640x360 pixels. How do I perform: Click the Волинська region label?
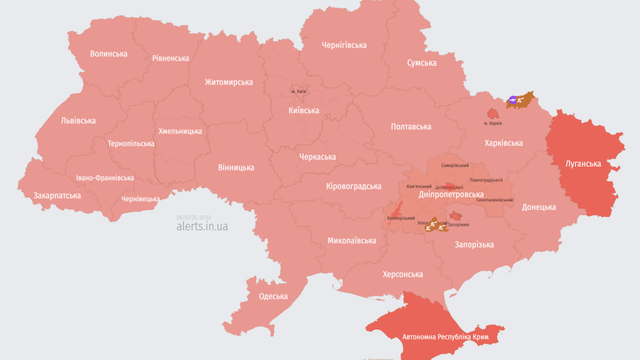click(108, 53)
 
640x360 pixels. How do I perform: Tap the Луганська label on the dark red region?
click(583, 163)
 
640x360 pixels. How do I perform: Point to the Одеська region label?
click(273, 296)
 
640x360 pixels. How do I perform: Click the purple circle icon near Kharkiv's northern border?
click(512, 100)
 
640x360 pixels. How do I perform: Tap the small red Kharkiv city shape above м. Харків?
click(493, 113)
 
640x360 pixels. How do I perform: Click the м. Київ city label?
click(298, 91)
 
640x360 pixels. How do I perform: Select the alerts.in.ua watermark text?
click(202, 226)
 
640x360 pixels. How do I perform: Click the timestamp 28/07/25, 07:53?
click(193, 217)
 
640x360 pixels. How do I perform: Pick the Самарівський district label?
click(455, 165)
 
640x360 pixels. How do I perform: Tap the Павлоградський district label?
click(486, 180)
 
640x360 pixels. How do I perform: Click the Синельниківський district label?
click(494, 199)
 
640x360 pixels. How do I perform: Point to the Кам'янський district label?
click(419, 186)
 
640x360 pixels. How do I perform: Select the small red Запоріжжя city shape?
click(455, 216)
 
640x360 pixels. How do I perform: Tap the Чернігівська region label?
click(344, 45)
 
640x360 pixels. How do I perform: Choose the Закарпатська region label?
click(57, 195)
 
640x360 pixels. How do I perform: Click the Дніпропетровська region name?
click(451, 194)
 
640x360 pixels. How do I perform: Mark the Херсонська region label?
click(402, 274)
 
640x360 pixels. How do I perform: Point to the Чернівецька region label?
click(140, 199)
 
